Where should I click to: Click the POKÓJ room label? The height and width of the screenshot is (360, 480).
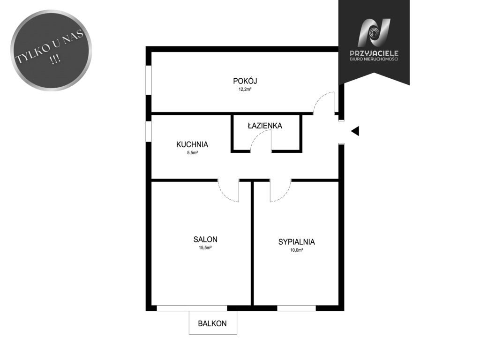tap(245, 81)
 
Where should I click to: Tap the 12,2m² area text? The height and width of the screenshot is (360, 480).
tap(245, 90)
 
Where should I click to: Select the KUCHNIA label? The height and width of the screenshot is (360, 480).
tap(192, 144)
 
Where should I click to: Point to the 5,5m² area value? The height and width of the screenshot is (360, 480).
tap(192, 153)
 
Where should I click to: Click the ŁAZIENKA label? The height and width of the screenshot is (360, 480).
tap(265, 126)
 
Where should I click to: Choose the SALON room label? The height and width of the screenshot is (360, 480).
tap(205, 240)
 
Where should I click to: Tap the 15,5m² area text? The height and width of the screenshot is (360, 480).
tap(205, 248)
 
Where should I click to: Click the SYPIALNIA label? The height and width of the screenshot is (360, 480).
tap(296, 242)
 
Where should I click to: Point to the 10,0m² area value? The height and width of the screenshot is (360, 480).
tap(296, 250)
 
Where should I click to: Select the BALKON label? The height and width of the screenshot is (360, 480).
tap(212, 323)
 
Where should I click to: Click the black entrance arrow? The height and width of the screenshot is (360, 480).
tap(355, 131)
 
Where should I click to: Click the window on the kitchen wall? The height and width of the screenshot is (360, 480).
tap(149, 131)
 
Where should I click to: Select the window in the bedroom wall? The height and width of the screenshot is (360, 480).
tap(296, 308)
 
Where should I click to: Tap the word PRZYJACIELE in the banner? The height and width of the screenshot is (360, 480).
tap(374, 53)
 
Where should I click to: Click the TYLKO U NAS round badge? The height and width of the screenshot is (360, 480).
tap(51, 50)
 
